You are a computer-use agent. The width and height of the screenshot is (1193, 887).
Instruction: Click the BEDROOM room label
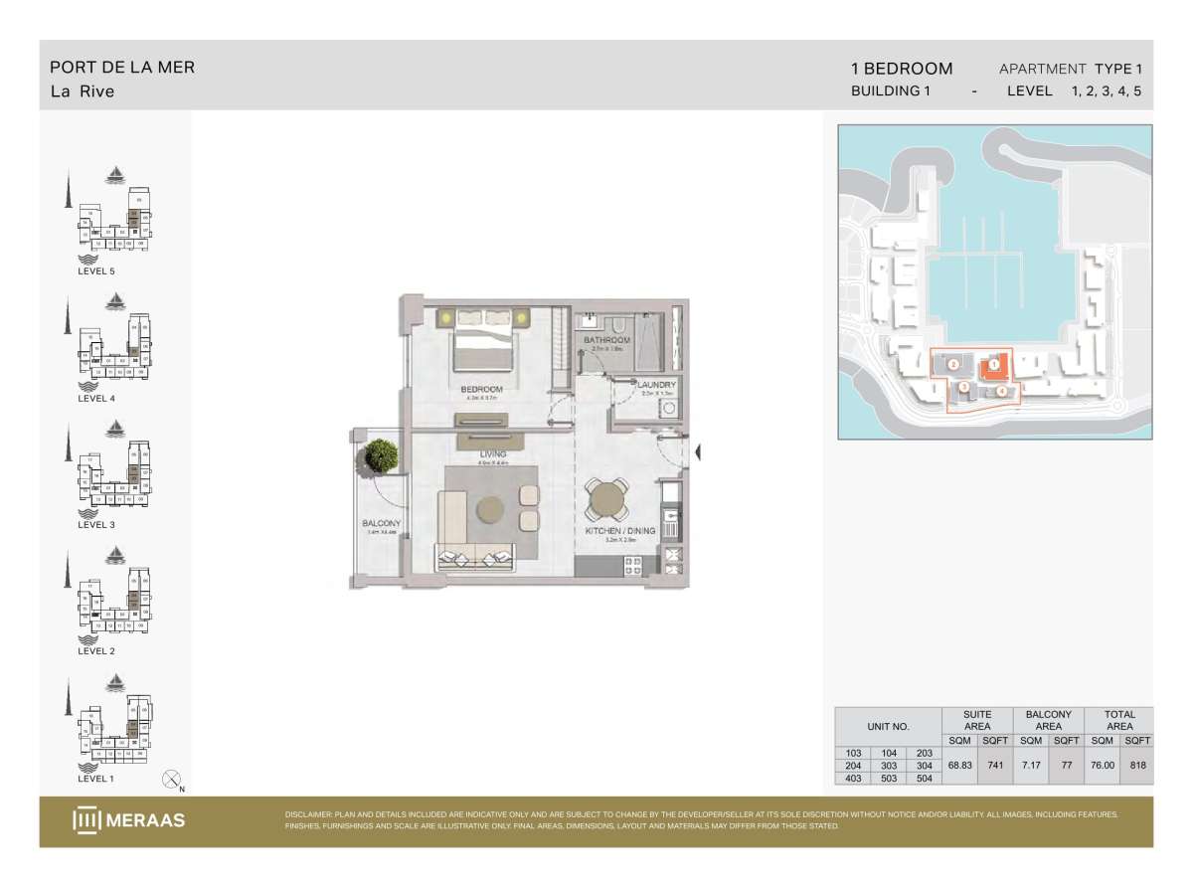[x=482, y=389]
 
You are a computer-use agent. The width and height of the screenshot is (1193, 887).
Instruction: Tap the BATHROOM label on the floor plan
[x=606, y=341]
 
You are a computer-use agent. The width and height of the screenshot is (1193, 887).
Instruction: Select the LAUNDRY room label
[x=657, y=385]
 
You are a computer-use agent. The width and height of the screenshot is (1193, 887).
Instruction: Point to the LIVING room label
[x=493, y=455]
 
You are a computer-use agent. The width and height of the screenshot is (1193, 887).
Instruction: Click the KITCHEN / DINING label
[x=620, y=532]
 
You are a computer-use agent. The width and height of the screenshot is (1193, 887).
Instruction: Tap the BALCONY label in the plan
[x=382, y=524]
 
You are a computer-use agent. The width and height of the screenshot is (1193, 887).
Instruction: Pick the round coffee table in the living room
[x=491, y=509]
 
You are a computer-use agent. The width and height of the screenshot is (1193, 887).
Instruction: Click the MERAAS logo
[x=128, y=820]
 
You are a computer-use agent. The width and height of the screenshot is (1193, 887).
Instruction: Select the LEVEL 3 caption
[x=96, y=524]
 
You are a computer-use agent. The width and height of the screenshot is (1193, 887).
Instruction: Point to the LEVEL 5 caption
[x=96, y=270]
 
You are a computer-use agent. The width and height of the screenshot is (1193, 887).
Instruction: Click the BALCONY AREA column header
[x=1048, y=720]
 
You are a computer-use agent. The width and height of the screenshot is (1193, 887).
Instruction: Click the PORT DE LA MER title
[x=122, y=68]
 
